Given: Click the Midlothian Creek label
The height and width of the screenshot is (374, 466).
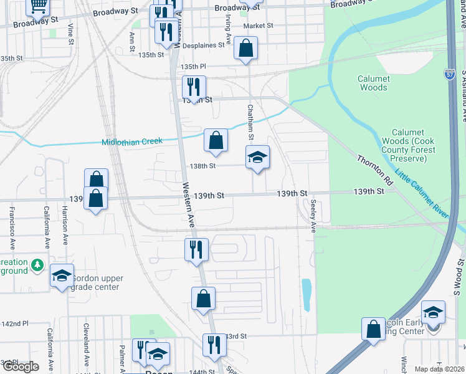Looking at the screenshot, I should click(131, 141).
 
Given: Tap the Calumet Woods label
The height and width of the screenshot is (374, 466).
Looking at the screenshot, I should click(374, 83).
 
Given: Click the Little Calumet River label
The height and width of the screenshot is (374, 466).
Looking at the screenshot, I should click(422, 191).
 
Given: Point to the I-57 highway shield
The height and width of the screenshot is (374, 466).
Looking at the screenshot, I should click(450, 74).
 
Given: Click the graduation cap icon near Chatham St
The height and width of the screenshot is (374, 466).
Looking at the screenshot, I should click(257, 158).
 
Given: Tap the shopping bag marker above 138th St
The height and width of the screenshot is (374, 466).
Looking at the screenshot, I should click(216, 141).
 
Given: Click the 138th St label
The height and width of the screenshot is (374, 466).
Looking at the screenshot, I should click(202, 166).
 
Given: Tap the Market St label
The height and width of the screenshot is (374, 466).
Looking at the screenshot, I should click(258, 26).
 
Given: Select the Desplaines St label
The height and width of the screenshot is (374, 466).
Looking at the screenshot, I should click(207, 46).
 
